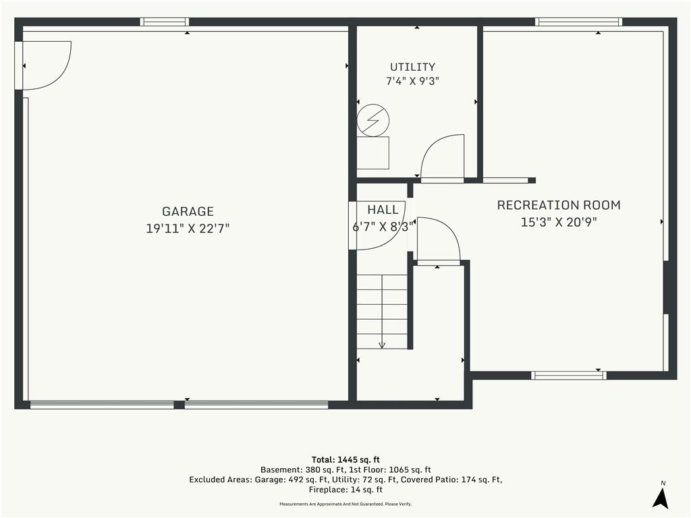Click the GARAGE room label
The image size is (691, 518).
point(188,211)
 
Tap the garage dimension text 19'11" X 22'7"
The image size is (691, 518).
point(188,228)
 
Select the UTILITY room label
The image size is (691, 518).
point(412,67)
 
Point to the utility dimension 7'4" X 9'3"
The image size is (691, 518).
point(412,81)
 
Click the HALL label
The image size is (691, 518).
point(383,210)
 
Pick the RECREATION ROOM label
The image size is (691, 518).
point(559,205)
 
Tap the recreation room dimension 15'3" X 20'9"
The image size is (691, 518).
point(559,222)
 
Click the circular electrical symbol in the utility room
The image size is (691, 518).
point(372,120)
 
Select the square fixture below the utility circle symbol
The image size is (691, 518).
point(372,152)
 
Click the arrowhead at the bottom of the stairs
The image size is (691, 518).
point(382,345)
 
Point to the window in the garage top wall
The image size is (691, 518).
point(165,22)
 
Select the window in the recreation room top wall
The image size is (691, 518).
point(578,22)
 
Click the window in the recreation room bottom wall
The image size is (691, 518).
point(568,375)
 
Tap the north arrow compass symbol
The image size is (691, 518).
point(661,496)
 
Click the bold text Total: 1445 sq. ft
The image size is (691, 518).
point(345,460)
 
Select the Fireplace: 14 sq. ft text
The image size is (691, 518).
point(345,490)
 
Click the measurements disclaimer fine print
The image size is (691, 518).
point(345,504)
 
